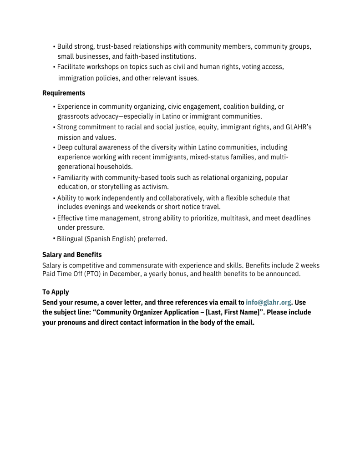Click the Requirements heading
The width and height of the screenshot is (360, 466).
[64, 93]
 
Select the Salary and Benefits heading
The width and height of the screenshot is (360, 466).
[72, 255]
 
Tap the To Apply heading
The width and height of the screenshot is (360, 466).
[56, 292]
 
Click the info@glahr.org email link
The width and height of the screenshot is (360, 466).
[268, 302]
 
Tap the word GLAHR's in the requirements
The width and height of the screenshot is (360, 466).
[298, 127]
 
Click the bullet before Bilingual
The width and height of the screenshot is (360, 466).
[54, 238]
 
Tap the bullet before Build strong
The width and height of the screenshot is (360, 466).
[54, 47]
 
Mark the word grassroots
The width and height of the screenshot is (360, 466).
[74, 116]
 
